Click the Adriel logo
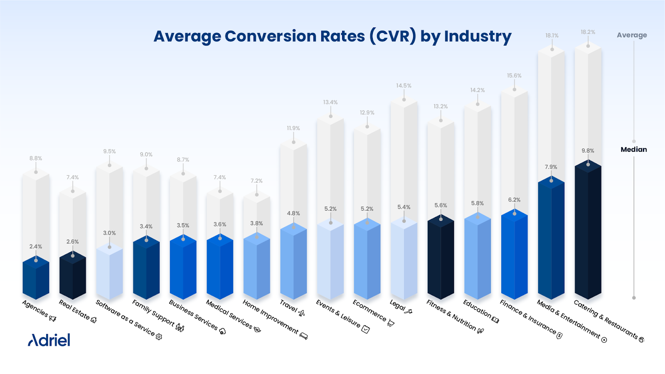pos(49,340)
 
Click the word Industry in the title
pos(478,37)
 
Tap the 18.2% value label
pos(588,32)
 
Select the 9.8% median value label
pos(588,151)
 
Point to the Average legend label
pos(632,35)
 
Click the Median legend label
pos(633,150)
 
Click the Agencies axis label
pos(35,308)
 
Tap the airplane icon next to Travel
pos(302,313)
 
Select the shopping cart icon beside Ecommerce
pos(391,323)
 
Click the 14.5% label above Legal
pos(404,86)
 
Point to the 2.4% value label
pos(36,246)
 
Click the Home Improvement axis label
pos(271,317)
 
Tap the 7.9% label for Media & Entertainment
pos(551,167)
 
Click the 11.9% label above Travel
pos(293,128)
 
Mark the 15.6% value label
pos(514,76)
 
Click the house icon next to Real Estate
pos(94,320)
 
